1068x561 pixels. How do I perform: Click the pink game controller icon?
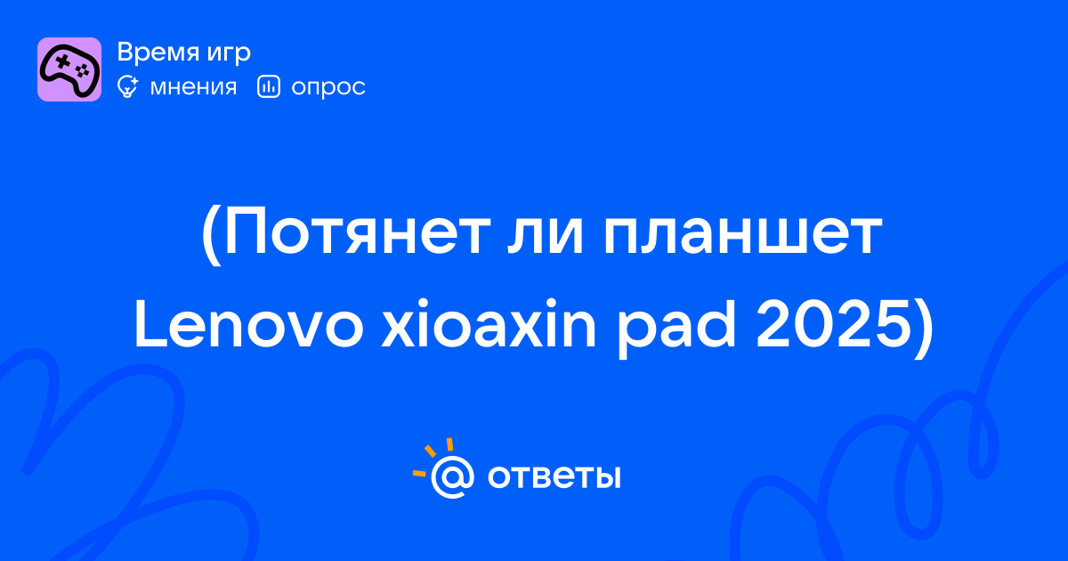(69, 69)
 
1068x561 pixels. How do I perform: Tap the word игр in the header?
(229, 54)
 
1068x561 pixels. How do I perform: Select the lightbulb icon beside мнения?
(128, 87)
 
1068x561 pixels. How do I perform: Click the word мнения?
(193, 88)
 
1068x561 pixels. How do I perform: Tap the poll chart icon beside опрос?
(269, 87)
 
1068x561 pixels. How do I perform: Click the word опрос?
(328, 89)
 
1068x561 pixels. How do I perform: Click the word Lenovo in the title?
(249, 324)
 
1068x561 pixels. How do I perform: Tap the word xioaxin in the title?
(489, 323)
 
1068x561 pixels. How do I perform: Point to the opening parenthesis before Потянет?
(211, 236)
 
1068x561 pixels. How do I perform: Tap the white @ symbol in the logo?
(452, 477)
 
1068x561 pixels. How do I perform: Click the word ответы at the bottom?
(554, 477)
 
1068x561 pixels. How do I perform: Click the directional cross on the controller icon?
(62, 61)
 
